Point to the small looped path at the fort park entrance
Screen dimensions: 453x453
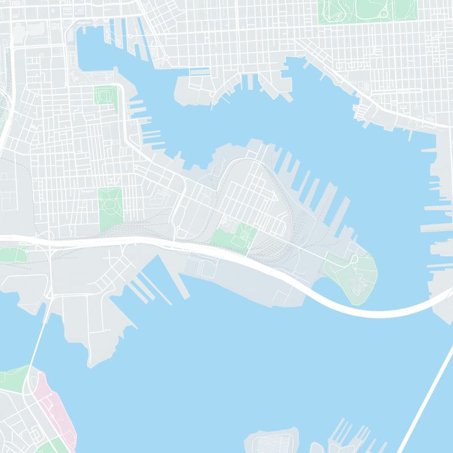coord(354,259)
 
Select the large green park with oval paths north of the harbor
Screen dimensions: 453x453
coord(368,10)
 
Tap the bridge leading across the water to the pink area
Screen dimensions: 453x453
coord(35,345)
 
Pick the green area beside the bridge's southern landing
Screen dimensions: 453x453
coord(14,379)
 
